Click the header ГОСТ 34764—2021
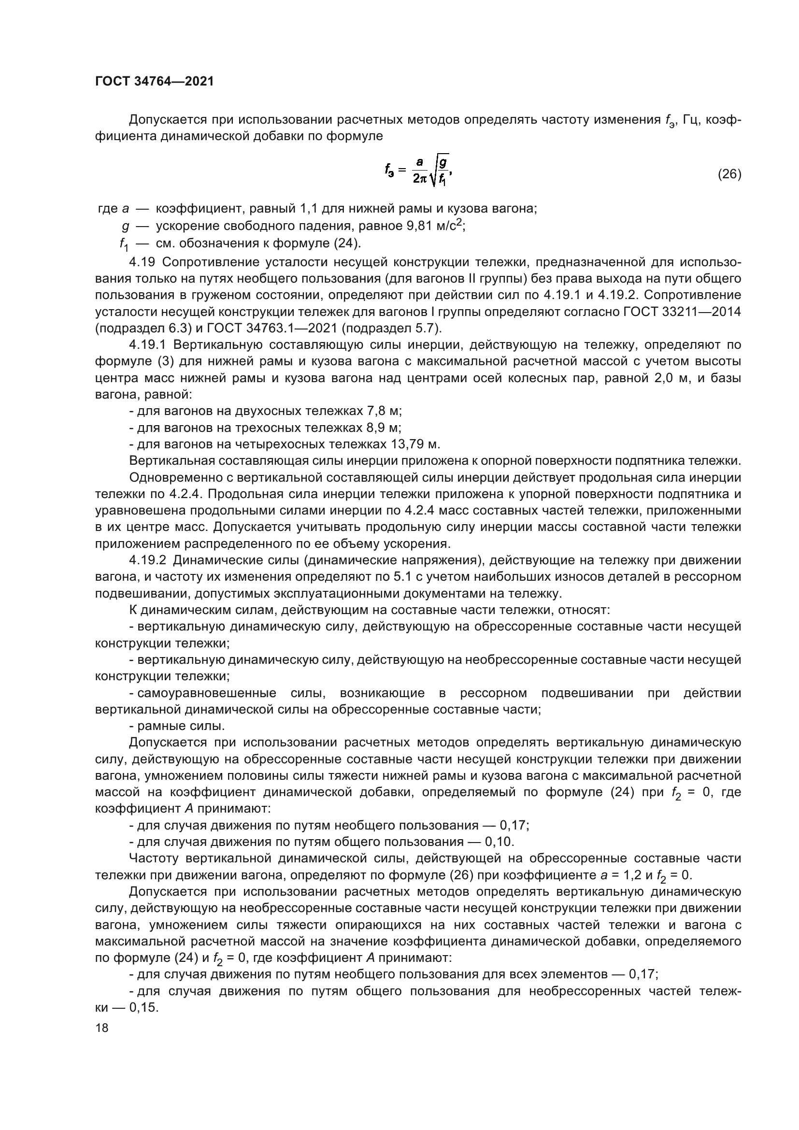coord(155,82)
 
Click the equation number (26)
coord(729,174)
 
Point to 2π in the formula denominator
coord(420,180)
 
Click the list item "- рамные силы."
coord(177,726)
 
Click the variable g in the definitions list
coord(126,227)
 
